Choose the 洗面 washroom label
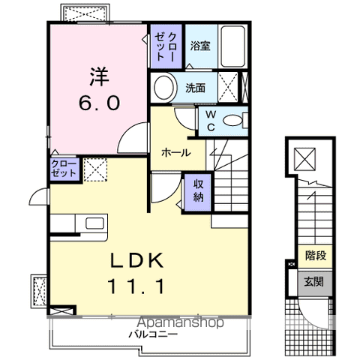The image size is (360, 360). (196, 88)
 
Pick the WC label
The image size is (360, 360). (211, 120)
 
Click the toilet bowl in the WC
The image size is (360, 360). (234, 120)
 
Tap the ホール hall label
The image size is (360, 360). (174, 152)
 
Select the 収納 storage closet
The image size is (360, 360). (198, 191)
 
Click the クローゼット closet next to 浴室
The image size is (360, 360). (165, 46)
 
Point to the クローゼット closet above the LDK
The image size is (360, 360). (64, 168)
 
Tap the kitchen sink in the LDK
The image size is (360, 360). (95, 223)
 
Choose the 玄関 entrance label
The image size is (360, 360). (313, 282)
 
